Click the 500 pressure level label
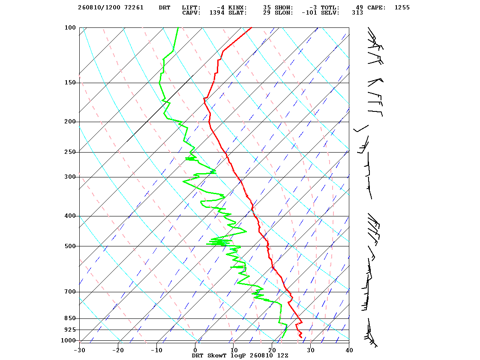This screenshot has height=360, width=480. tap(70, 246)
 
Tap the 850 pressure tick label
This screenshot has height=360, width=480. tap(70, 318)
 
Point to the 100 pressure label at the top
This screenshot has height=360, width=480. tap(70, 27)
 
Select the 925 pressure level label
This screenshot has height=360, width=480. tap(70, 330)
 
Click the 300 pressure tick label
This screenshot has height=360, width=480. tap(70, 177)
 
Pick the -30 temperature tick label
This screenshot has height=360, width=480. tap(80, 350)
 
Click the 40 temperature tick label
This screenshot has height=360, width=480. tap(349, 350)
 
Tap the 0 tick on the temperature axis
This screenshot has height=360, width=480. tap(195, 350)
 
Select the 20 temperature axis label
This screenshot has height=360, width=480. tap(272, 350)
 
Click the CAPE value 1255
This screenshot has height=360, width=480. tap(402, 8)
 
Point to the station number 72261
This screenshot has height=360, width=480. tap(134, 8)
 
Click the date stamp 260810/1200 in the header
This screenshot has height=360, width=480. tap(99, 8)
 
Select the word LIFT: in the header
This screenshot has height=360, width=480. tap(191, 8)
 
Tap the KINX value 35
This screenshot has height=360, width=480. tap(267, 8)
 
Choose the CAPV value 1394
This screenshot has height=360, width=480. tap(217, 13)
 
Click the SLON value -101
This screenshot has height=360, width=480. tap(309, 13)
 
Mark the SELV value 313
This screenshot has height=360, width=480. tap(357, 13)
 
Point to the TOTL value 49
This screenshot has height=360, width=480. tap(360, 8)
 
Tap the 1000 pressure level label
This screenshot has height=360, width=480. tap(68, 340)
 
